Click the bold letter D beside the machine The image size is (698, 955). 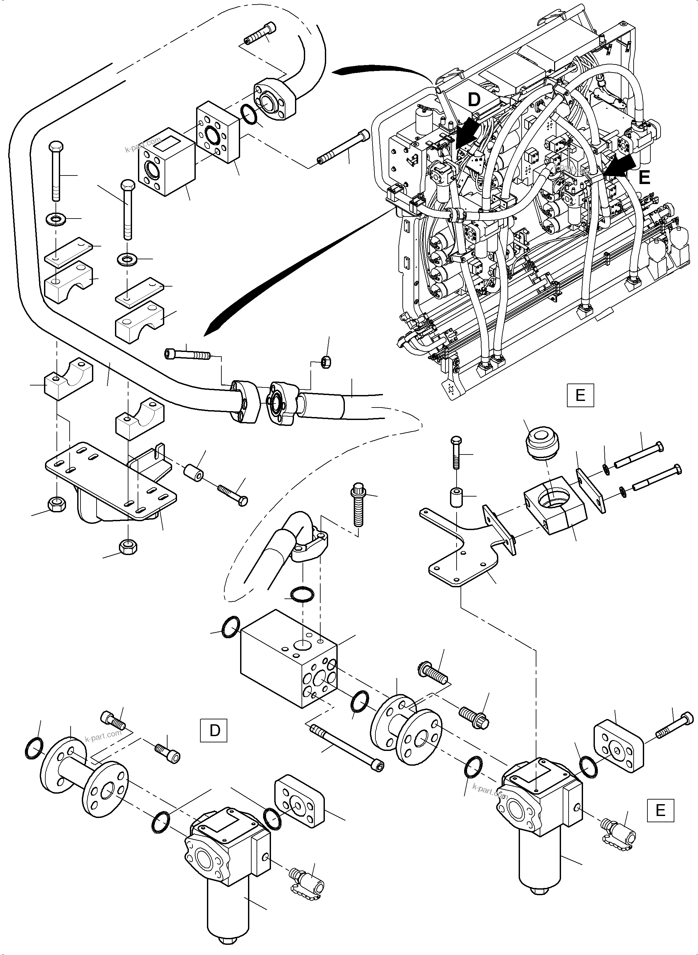[x=474, y=100]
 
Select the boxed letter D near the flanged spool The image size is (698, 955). [x=214, y=731]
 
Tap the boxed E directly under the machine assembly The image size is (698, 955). [x=580, y=395]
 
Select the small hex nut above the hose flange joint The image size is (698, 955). [x=326, y=361]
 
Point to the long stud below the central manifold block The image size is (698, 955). [x=347, y=749]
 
